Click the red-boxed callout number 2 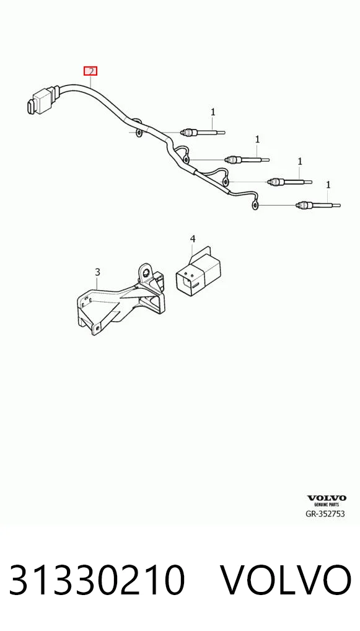click(x=90, y=71)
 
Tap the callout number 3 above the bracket click(x=97, y=272)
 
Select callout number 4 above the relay click(x=193, y=239)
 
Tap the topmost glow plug click(x=203, y=131)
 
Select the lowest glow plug click(x=318, y=205)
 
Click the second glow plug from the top click(x=247, y=159)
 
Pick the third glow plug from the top click(x=289, y=182)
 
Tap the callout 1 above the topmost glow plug click(x=213, y=112)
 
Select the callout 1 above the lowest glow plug click(x=328, y=185)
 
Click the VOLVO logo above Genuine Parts click(x=326, y=498)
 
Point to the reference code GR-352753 click(x=325, y=514)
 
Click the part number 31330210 click(x=97, y=580)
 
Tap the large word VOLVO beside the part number click(x=286, y=580)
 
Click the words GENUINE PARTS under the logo click(x=326, y=505)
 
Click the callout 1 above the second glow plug click(x=257, y=139)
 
